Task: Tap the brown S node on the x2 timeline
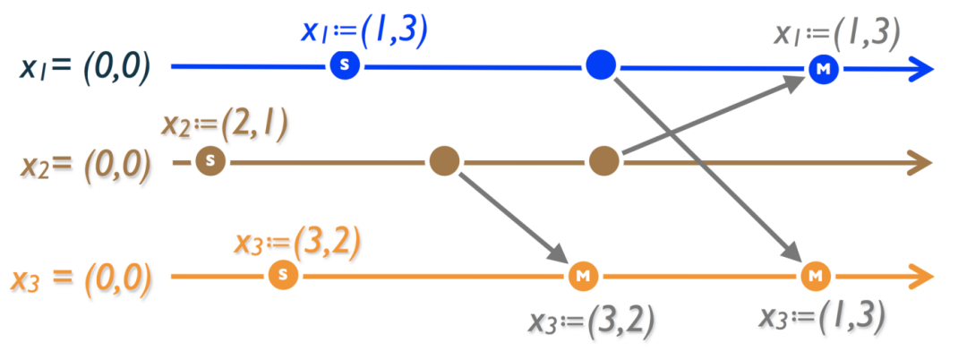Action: [x=210, y=161]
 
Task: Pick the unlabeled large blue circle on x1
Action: [x=600, y=65]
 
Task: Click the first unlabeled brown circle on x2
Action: [x=444, y=161]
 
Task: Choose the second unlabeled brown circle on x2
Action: [x=604, y=161]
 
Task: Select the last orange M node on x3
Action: [x=815, y=275]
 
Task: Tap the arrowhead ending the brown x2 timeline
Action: [x=920, y=162]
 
